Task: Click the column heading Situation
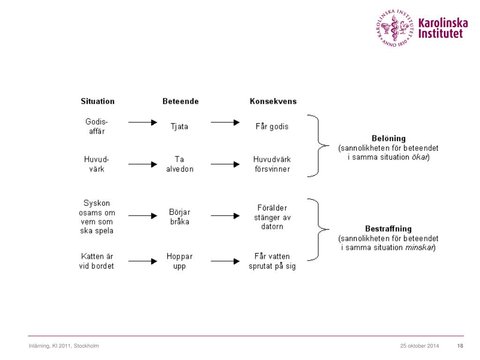pyautogui.click(x=97, y=101)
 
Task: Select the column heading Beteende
pyautogui.click(x=180, y=101)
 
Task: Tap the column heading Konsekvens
pyautogui.click(x=273, y=101)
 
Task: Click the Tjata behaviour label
pyautogui.click(x=179, y=127)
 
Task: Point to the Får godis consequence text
pyautogui.click(x=272, y=127)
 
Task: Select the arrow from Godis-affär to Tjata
pyautogui.click(x=142, y=122)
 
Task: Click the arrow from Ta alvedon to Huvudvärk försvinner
pyautogui.click(x=225, y=165)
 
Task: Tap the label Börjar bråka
pyautogui.click(x=180, y=217)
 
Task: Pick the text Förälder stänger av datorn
pyautogui.click(x=272, y=217)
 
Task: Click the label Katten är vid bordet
pyautogui.click(x=97, y=261)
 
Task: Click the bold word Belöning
pyautogui.click(x=388, y=139)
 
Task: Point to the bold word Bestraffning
pyautogui.click(x=388, y=229)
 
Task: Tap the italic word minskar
pyautogui.click(x=420, y=247)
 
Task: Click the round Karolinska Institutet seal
pyautogui.click(x=395, y=27)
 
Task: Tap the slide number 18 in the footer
pyautogui.click(x=460, y=346)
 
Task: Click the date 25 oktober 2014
pyautogui.click(x=420, y=346)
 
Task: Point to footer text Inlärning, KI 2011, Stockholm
pyautogui.click(x=63, y=346)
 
